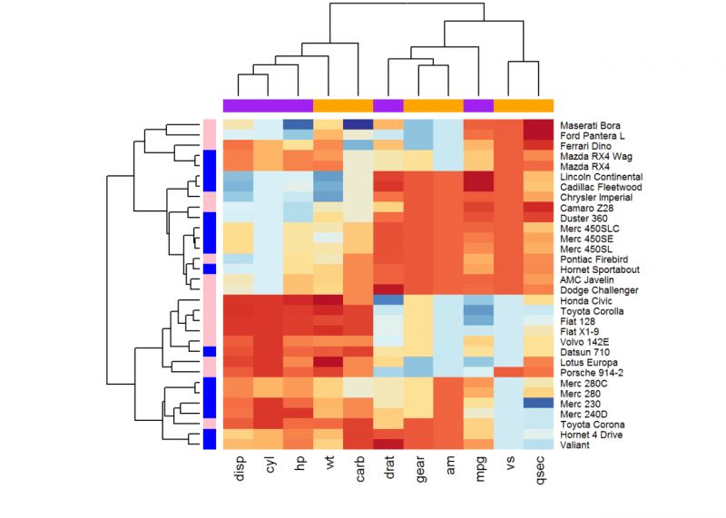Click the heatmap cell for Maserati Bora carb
[358, 124]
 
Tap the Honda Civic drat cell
[388, 300]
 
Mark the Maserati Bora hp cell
[299, 124]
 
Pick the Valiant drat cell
[388, 444]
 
